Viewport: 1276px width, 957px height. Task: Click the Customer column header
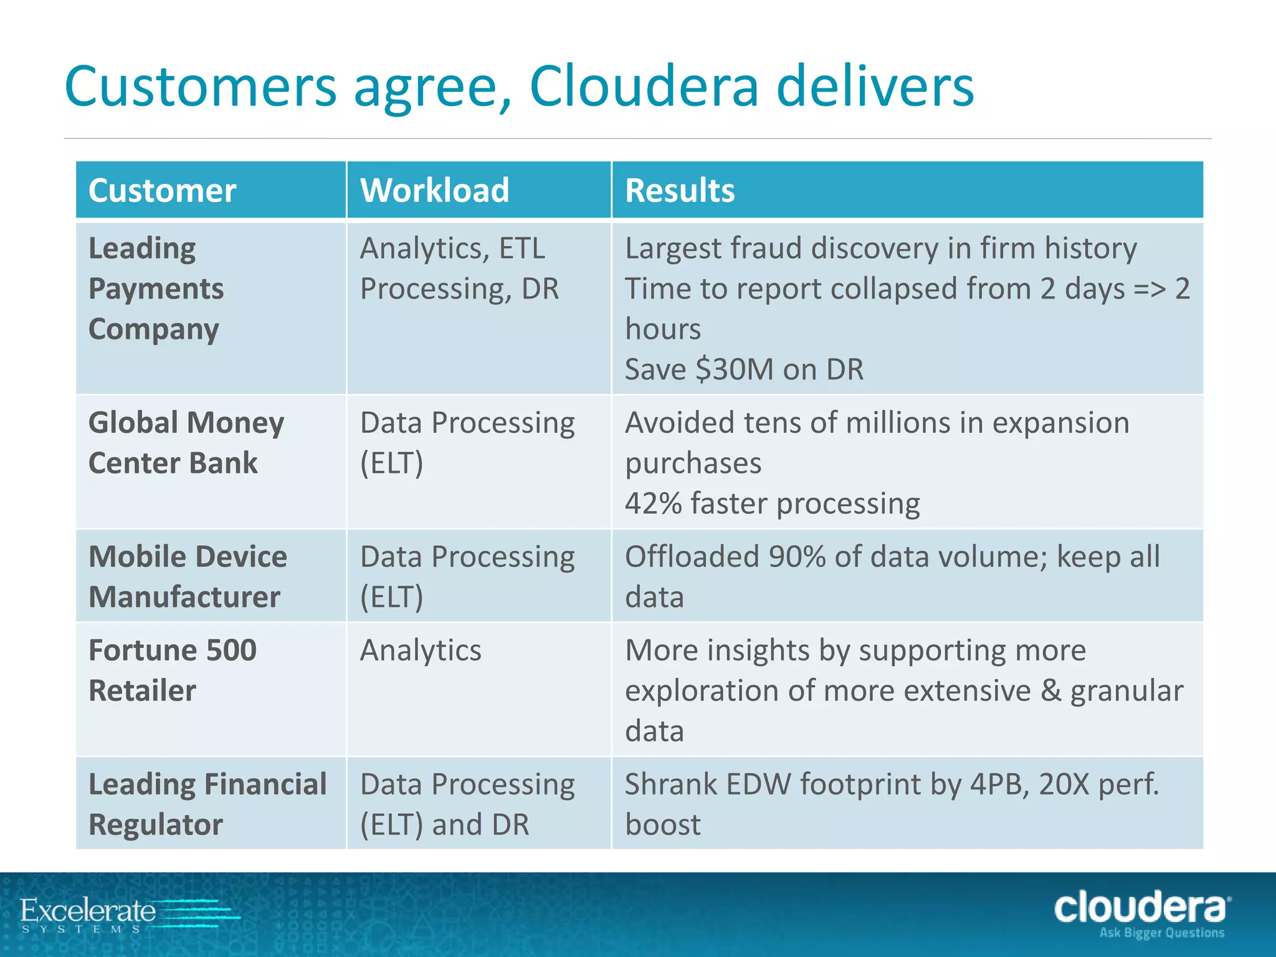[163, 191]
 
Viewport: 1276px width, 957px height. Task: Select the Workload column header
[434, 191]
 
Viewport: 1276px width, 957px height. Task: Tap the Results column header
[680, 191]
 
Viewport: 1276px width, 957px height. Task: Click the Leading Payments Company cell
[156, 289]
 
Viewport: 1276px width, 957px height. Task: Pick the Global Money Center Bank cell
[186, 443]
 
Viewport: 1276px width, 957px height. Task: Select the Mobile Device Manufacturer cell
[187, 576]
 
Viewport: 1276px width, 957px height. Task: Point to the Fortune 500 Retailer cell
[173, 670]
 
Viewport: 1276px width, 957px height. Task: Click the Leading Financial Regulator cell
[207, 804]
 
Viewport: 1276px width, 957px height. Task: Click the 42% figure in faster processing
[653, 503]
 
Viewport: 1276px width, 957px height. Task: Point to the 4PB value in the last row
[998, 784]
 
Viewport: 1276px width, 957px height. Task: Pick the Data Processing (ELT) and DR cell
[467, 804]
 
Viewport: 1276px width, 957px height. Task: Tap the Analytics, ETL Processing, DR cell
[459, 269]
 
